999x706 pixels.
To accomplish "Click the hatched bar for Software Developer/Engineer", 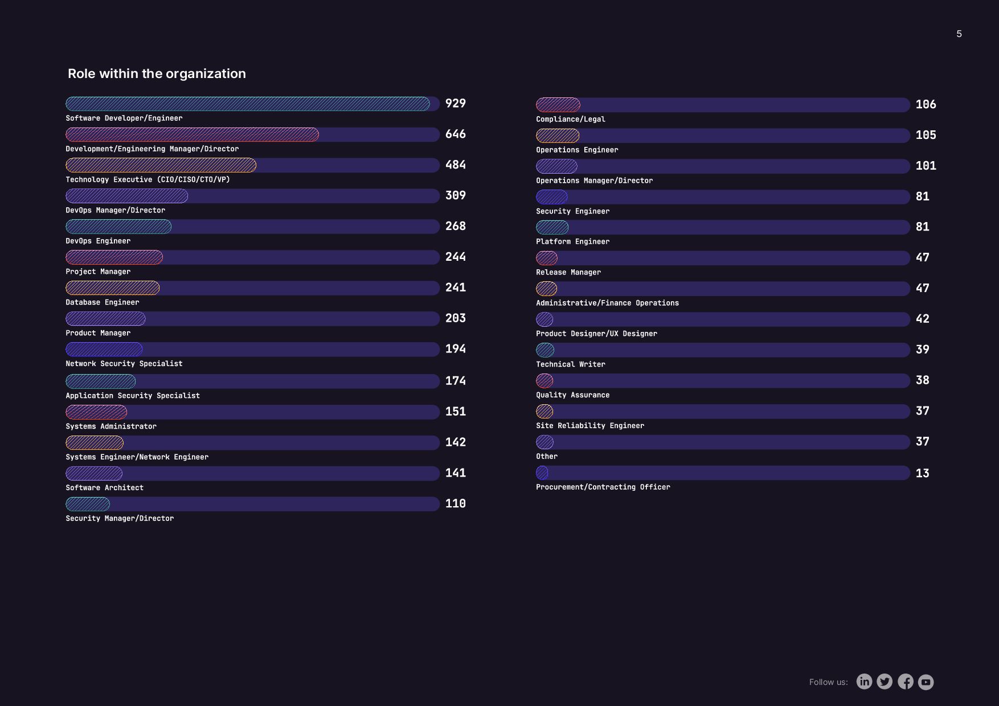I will [248, 104].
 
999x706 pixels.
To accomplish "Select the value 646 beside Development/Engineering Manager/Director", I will [455, 134].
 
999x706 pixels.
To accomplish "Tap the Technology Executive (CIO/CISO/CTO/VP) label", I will [148, 179].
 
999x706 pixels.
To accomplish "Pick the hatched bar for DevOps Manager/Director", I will [126, 196].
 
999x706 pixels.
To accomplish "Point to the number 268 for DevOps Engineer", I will [455, 227].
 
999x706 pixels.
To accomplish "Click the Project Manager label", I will [98, 272].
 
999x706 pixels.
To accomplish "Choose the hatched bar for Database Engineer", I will [112, 288].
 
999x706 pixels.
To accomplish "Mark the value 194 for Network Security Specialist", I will [455, 349].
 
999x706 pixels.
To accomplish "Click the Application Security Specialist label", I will [133, 396].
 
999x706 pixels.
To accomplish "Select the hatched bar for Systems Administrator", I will [96, 412].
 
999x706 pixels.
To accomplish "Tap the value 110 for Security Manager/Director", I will [455, 504].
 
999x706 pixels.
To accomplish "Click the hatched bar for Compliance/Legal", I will [558, 105].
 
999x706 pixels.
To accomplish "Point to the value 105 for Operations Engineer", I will [926, 136].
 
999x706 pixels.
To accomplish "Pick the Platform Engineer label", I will [572, 241].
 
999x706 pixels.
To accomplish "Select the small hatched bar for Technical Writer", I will [545, 350].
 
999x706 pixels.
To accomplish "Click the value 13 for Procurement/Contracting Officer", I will [922, 474].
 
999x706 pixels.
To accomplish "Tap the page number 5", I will [959, 34].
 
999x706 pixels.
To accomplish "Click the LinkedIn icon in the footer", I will [864, 682].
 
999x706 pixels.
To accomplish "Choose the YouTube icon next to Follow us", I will [926, 682].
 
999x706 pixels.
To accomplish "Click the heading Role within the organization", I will [157, 73].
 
